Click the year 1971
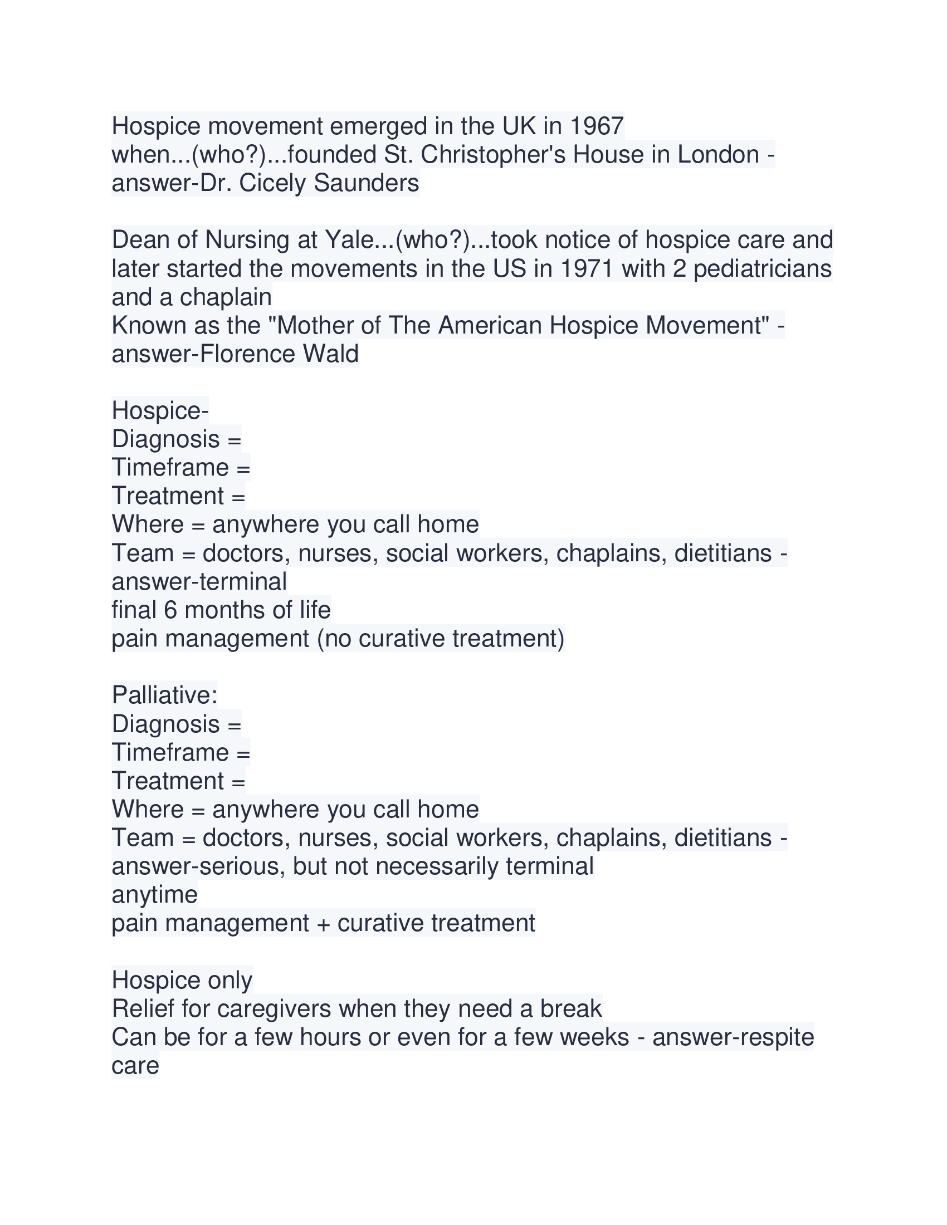(x=587, y=269)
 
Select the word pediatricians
(x=763, y=269)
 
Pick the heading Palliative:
(x=164, y=695)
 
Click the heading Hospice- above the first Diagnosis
(x=160, y=411)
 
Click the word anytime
(x=154, y=895)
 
